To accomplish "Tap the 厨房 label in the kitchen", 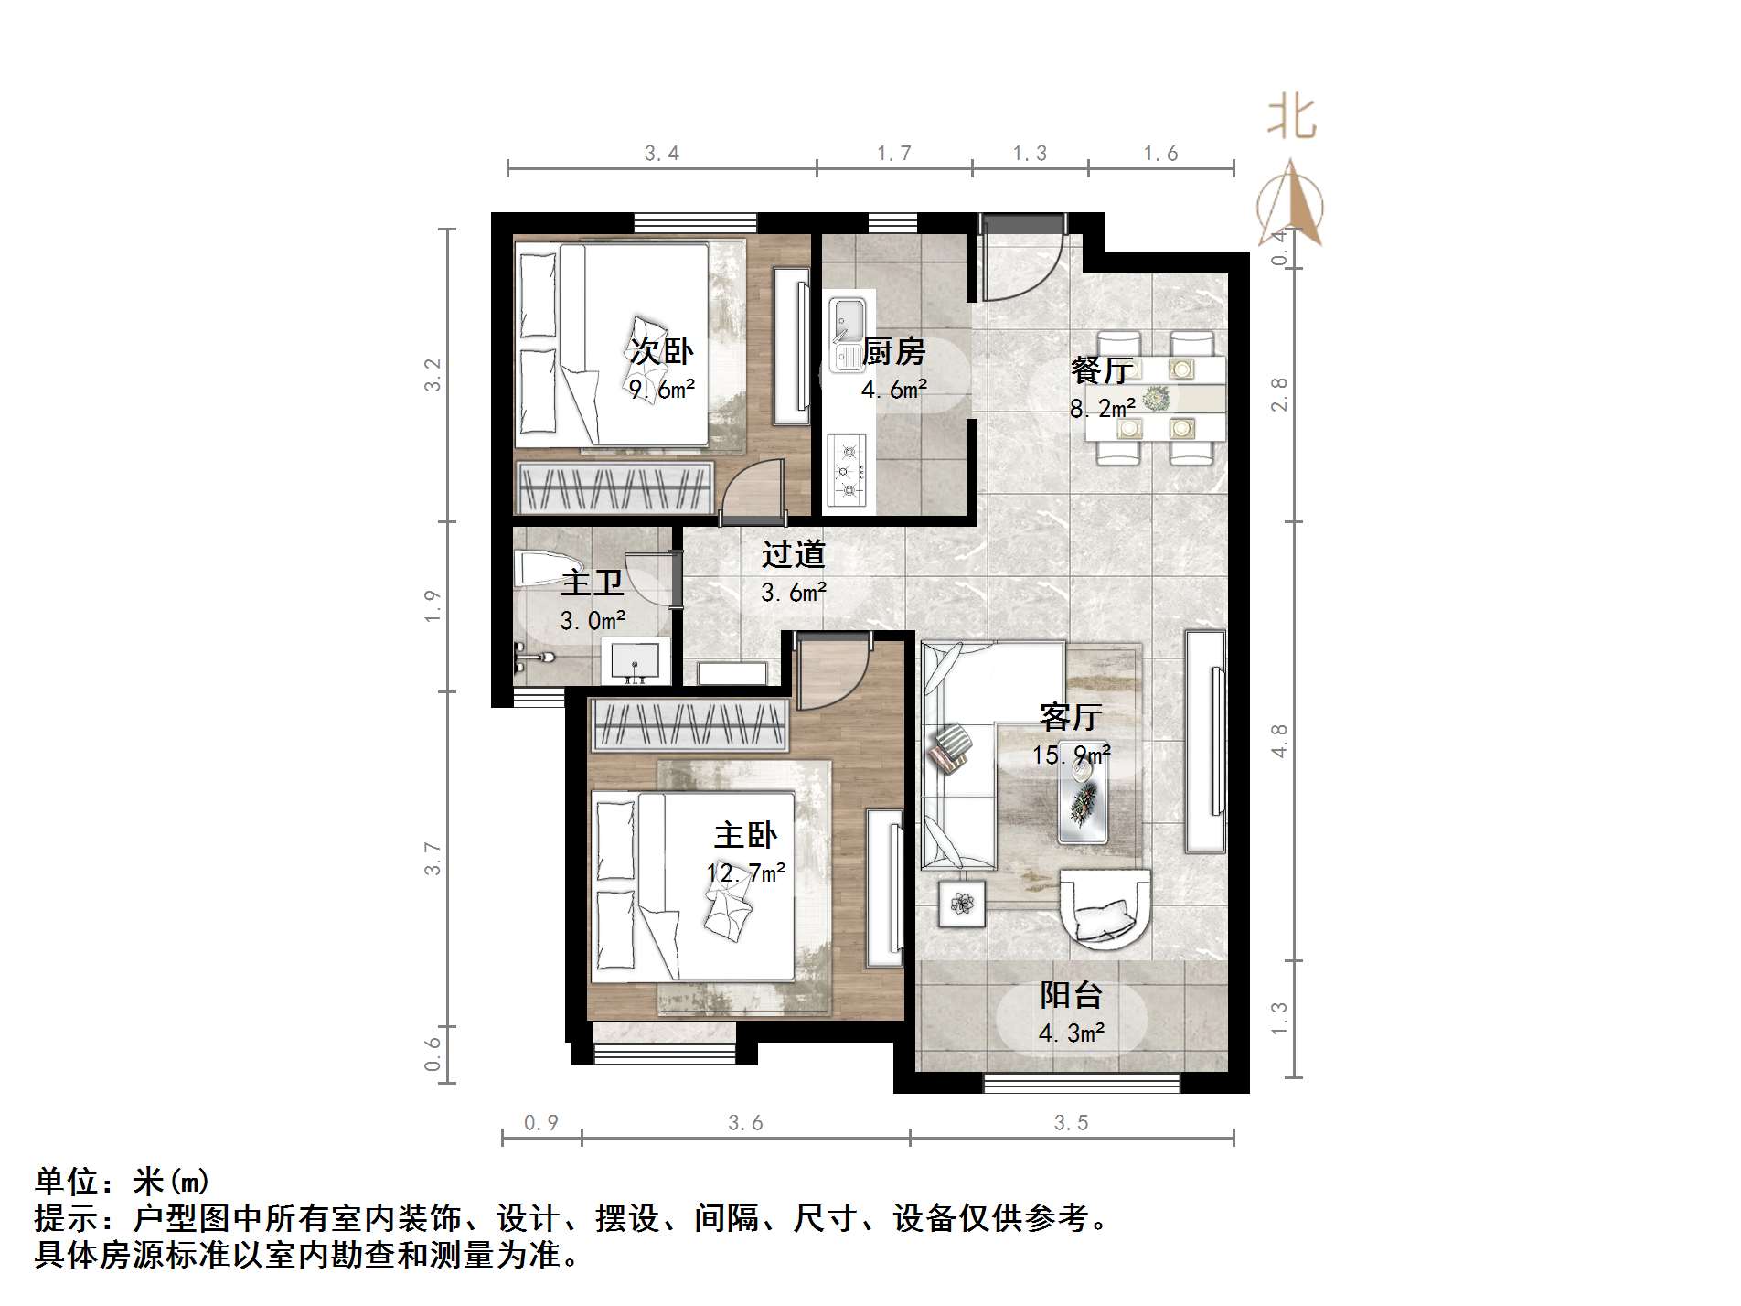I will pos(893,351).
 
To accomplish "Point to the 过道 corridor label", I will pos(794,553).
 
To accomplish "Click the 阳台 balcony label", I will pos(1071,995).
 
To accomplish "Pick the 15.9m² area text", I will pos(1071,755).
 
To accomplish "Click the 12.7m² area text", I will pos(746,873).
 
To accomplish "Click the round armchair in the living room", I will pos(1105,906).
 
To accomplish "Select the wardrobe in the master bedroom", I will pos(689,724).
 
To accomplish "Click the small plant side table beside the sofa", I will pos(961,904).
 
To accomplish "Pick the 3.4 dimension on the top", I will pos(661,154).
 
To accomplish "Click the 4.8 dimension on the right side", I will pos(1278,741).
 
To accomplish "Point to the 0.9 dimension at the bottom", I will pos(541,1122).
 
